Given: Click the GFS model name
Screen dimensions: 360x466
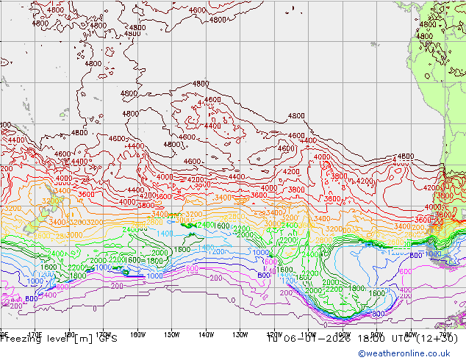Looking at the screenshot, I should tap(109, 339).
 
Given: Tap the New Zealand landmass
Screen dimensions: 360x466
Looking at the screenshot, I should tap(33, 225).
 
